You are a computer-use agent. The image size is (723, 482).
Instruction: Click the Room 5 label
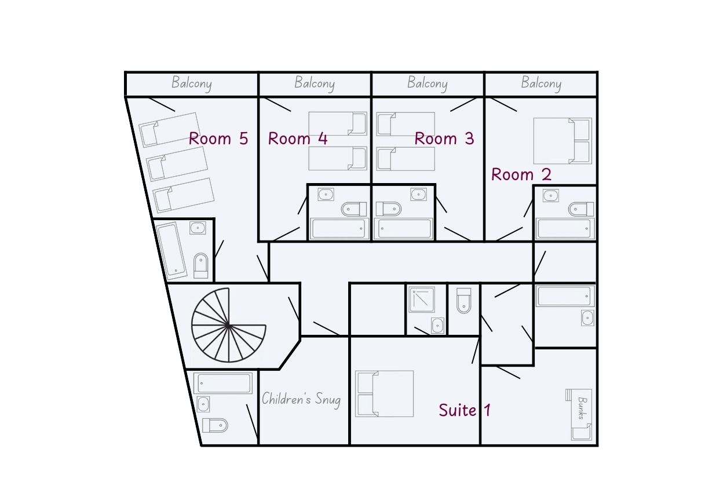click(218, 138)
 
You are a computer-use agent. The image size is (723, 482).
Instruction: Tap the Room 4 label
click(298, 138)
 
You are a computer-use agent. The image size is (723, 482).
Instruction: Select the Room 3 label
click(444, 138)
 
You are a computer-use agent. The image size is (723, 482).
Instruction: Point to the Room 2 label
click(521, 174)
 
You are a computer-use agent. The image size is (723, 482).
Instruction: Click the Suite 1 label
click(465, 410)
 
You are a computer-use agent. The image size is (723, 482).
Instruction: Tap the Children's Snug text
click(301, 399)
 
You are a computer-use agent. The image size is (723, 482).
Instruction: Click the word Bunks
click(582, 408)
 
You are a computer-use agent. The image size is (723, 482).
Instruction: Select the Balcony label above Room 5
click(192, 83)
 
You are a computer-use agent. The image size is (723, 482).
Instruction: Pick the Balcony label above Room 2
click(541, 83)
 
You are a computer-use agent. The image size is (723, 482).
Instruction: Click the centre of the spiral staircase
click(228, 326)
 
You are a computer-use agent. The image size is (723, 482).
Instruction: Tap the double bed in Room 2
click(563, 141)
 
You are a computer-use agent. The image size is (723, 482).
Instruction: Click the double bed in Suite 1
click(384, 393)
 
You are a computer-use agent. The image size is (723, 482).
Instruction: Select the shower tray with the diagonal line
click(422, 300)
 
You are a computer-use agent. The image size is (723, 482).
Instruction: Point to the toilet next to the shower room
click(464, 301)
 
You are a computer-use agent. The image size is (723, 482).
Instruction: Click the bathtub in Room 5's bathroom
click(171, 251)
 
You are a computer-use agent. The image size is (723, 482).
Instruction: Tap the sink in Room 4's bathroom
click(326, 195)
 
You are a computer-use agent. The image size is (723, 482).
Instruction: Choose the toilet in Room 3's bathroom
click(389, 209)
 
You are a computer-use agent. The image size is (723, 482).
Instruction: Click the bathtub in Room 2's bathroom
click(565, 229)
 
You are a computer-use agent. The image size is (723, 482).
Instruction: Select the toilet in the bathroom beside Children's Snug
click(215, 425)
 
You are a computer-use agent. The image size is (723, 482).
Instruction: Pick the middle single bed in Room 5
click(177, 164)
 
